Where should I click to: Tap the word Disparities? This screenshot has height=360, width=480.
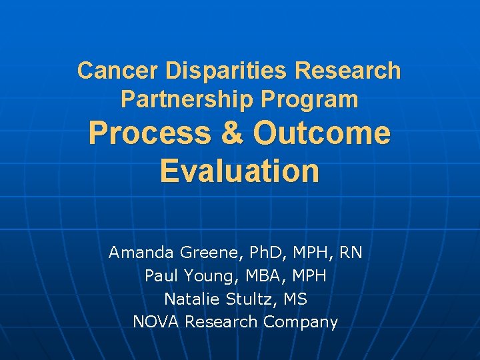pos(210,71)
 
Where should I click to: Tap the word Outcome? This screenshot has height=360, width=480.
pos(321,133)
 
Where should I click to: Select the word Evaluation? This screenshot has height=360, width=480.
pos(240,171)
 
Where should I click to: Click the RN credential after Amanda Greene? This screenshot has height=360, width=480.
pos(351,253)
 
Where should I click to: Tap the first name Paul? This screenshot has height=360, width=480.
pos(160,275)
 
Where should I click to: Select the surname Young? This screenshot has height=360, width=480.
pos(203,275)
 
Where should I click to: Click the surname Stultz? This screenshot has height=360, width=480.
pos(251,299)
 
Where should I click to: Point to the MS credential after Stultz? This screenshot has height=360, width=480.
pos(295,299)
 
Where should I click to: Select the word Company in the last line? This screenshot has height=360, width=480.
pos(301,322)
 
